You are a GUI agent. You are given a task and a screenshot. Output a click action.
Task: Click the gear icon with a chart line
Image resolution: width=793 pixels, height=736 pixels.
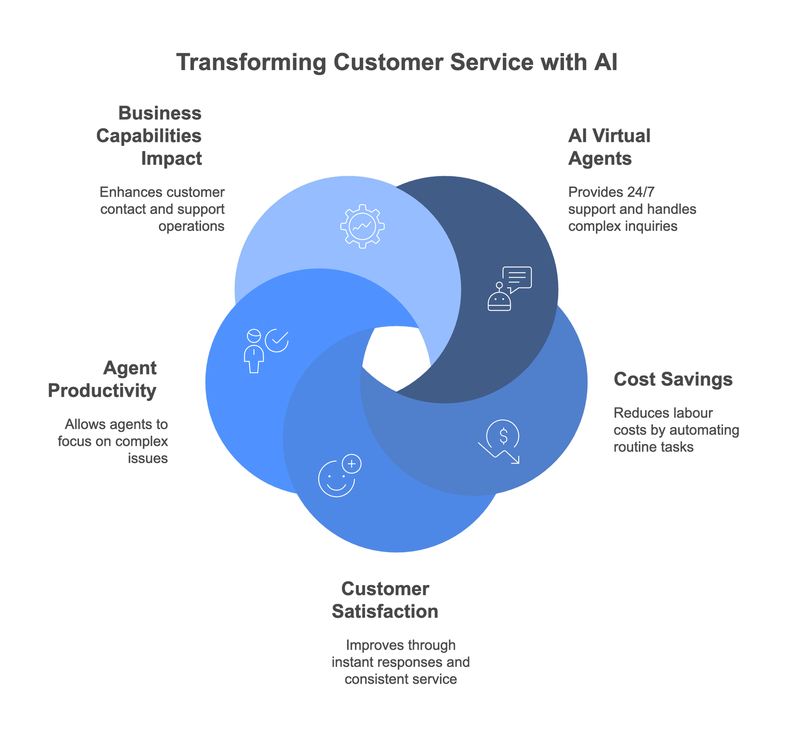[x=362, y=226]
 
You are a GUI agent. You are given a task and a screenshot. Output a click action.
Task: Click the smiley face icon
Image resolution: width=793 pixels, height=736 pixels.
[x=337, y=479]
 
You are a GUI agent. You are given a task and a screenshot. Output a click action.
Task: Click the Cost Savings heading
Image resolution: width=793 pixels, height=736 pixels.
[x=673, y=379]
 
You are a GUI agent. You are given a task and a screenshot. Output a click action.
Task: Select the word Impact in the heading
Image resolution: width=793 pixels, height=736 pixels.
[x=172, y=159]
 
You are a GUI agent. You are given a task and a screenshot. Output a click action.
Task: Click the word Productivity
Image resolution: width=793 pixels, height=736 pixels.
[x=102, y=391]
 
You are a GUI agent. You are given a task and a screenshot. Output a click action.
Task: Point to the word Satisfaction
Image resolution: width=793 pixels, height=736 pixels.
[x=385, y=611]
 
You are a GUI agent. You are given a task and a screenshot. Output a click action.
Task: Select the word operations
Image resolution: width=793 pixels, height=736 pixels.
[x=192, y=226]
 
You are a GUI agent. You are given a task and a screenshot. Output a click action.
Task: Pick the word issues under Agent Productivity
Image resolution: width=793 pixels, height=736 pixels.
[x=148, y=459]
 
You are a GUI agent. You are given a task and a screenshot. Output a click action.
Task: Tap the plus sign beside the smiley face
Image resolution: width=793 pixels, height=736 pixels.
[x=352, y=464]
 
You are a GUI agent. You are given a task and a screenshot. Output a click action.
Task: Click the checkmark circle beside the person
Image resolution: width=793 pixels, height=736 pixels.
[x=277, y=340]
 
